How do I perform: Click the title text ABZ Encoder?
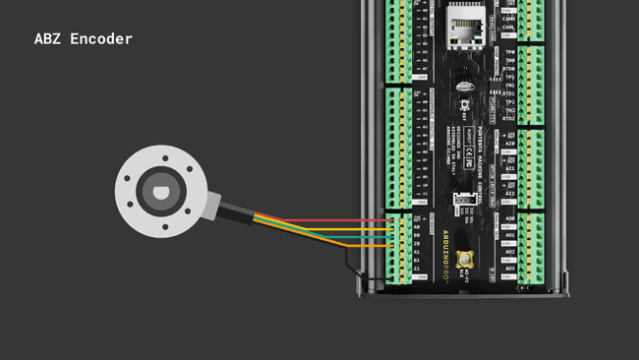tap(83, 39)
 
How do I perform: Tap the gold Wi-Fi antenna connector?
tap(466, 261)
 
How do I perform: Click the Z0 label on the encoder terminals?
tap(417, 244)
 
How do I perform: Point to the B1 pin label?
tap(417, 261)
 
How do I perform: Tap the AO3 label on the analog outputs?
tap(510, 269)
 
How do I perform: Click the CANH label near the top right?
tap(509, 17)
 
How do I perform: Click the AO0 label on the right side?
tap(510, 218)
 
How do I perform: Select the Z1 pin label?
tap(417, 269)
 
